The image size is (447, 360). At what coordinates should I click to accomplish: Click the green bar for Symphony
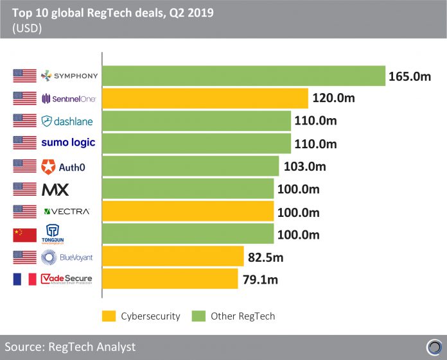[x=243, y=76]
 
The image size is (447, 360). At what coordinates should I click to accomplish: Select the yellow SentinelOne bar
[x=206, y=99]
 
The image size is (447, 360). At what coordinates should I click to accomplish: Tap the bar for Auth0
[x=191, y=166]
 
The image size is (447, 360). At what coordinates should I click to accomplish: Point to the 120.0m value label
[x=334, y=99]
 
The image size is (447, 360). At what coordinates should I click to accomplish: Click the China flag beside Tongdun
[x=24, y=234]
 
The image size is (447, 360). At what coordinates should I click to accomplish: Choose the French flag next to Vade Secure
[x=24, y=279]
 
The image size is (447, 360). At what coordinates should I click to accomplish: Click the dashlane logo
[x=69, y=121]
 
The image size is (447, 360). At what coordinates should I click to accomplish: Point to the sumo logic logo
[x=69, y=143]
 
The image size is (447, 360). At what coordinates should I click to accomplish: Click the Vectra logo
[x=67, y=212]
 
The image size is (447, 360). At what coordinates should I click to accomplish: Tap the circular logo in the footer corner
[x=434, y=347]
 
